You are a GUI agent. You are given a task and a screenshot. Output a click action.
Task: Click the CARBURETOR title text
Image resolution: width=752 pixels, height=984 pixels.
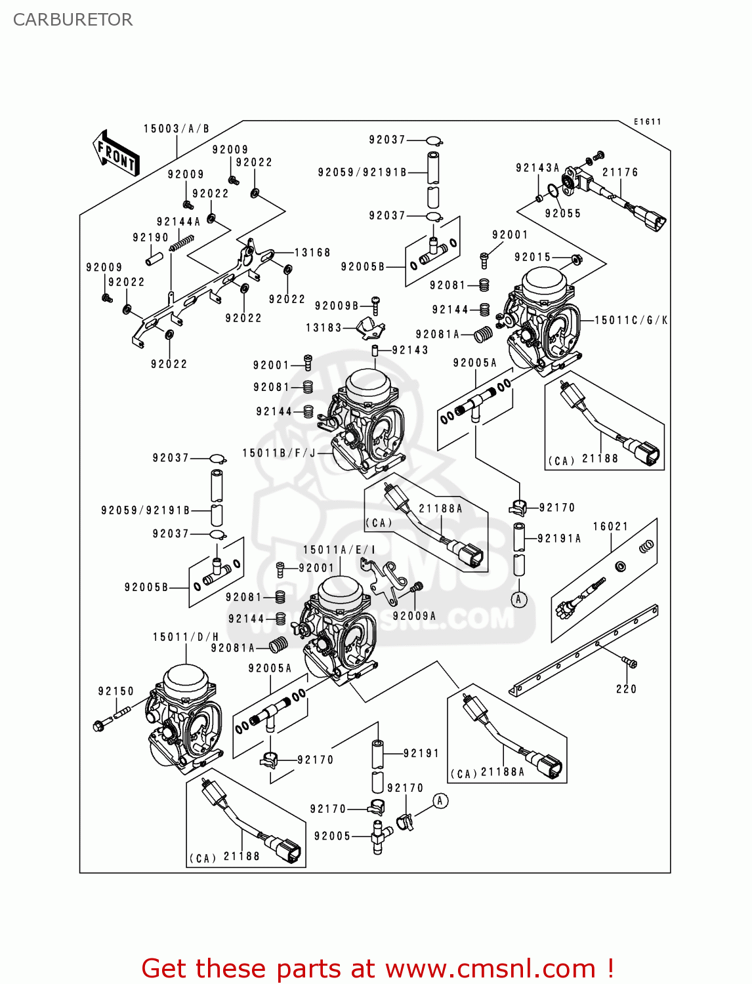coord(73,20)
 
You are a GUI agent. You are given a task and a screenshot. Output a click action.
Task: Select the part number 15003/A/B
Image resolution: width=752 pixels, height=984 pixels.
coord(177,129)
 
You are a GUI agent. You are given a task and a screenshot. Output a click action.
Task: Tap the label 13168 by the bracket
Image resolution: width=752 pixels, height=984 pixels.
coord(312,253)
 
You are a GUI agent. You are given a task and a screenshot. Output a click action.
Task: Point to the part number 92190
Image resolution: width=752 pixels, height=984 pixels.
coord(150,237)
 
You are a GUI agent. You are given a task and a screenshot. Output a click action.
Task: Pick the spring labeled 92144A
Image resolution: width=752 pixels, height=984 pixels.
coord(182,243)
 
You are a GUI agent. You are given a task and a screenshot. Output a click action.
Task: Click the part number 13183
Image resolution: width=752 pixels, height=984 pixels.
coord(324,327)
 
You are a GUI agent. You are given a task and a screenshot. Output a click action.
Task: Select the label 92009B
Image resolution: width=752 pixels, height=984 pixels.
coord(337,306)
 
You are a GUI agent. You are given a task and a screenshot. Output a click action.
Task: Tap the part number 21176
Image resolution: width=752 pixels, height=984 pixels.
coord(620,173)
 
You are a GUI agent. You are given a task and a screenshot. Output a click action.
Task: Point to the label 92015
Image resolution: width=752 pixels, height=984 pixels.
coord(532,257)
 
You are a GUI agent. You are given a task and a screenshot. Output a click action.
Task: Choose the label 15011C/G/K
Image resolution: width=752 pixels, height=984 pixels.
coord(631,320)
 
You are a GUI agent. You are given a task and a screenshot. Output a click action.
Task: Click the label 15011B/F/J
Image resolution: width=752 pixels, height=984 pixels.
coord(279,453)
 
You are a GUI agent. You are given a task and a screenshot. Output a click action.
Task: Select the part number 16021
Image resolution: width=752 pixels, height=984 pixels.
coord(610,527)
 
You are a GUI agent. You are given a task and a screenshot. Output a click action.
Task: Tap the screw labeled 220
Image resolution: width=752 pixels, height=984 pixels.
coord(631,664)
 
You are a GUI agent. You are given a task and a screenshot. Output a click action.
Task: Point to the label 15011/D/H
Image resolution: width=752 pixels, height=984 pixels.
coord(186,637)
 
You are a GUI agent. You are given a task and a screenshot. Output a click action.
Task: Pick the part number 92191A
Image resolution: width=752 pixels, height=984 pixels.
coord(559,539)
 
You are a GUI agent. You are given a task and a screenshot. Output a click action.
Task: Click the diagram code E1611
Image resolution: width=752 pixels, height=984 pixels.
coord(647,121)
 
